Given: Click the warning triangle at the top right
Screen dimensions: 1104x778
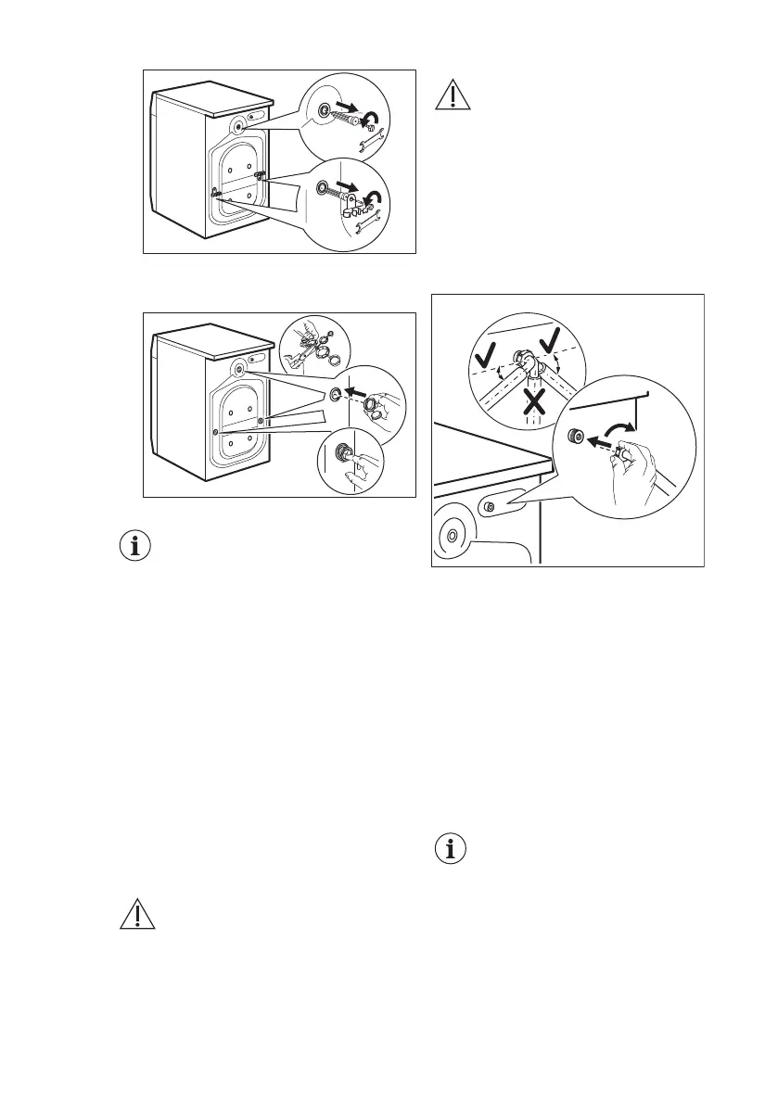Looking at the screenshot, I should [453, 96].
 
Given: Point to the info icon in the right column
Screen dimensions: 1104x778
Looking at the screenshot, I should [452, 850].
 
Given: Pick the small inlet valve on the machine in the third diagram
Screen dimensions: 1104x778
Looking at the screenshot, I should [489, 505].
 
